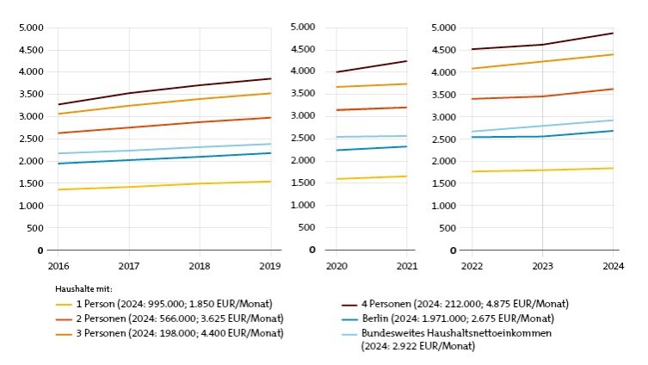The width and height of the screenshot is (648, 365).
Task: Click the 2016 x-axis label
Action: [x=58, y=266]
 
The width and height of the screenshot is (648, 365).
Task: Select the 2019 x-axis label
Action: [x=271, y=266]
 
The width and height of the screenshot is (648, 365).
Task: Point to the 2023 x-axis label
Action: [x=542, y=266]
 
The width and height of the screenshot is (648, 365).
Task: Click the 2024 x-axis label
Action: [x=613, y=266]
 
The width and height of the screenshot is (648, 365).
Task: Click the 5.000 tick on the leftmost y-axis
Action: [x=31, y=28]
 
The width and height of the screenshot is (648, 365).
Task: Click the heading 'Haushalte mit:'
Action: [x=84, y=289]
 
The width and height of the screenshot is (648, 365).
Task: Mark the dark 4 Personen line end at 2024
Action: [x=613, y=33]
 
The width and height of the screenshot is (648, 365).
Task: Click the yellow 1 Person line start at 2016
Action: [x=58, y=189]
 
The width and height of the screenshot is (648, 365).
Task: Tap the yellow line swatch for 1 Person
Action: [x=64, y=304]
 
